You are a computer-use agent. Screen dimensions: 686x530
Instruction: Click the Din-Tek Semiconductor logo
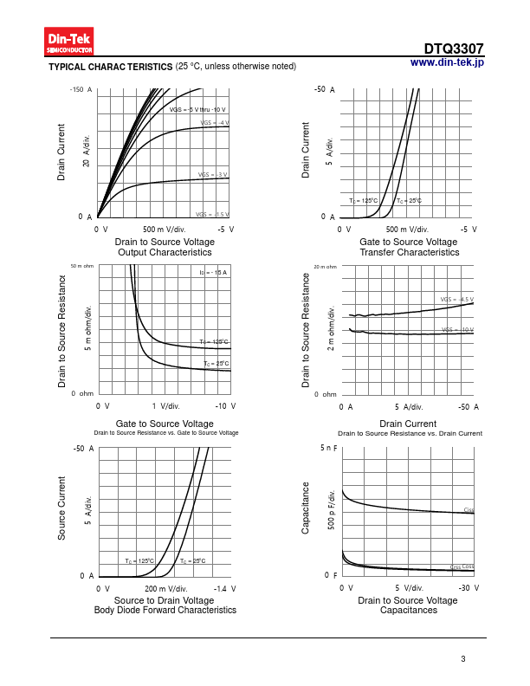click(x=69, y=42)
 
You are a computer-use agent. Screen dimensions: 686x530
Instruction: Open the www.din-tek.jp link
click(x=447, y=62)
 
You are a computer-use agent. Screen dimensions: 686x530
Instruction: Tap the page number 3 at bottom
click(x=463, y=659)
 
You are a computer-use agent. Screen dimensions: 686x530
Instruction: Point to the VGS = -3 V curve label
click(x=213, y=175)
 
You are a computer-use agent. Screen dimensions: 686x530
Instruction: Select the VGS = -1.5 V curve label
click(x=212, y=214)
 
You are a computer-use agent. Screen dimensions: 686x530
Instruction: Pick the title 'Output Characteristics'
click(x=165, y=252)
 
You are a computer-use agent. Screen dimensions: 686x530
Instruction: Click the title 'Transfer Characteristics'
click(x=410, y=252)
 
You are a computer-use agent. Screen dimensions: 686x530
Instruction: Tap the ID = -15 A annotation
click(x=213, y=273)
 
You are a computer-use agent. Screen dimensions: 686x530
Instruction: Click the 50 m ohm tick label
click(x=81, y=266)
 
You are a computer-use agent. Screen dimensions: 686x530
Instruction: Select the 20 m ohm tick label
click(x=325, y=266)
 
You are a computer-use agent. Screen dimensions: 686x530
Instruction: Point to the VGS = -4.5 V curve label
click(x=456, y=300)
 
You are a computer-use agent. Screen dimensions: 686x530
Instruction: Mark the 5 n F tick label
click(x=328, y=449)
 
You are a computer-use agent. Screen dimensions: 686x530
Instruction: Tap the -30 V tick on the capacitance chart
click(x=469, y=587)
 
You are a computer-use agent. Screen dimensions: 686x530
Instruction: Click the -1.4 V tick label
click(x=224, y=587)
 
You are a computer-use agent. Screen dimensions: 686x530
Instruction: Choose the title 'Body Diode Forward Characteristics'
click(x=165, y=610)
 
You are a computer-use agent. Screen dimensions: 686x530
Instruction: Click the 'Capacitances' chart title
click(x=408, y=610)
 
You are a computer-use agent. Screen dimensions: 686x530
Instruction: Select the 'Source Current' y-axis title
click(x=62, y=508)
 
